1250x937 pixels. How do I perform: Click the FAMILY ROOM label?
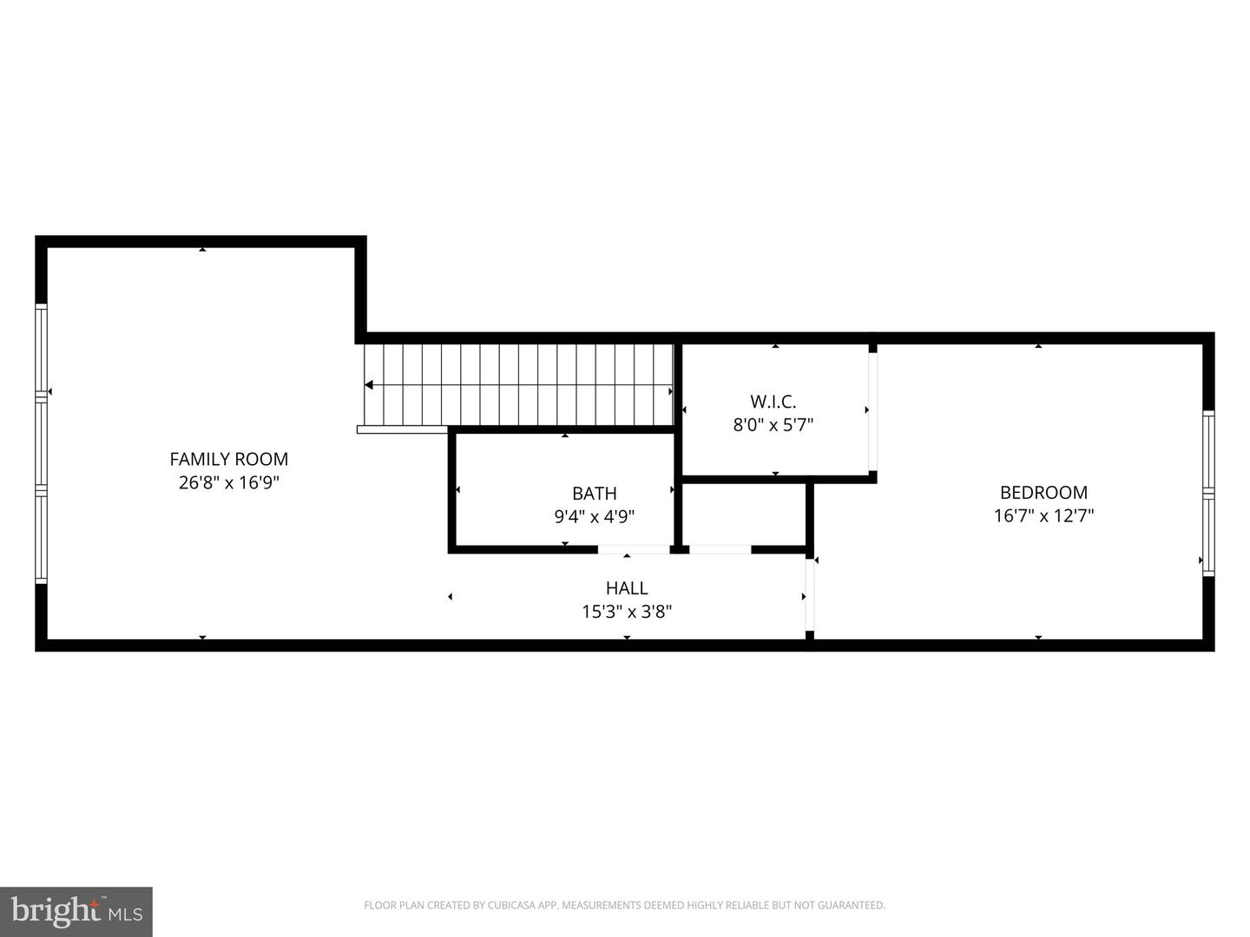click(229, 459)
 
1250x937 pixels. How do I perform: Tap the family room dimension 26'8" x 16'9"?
click(229, 482)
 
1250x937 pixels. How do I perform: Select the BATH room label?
click(595, 493)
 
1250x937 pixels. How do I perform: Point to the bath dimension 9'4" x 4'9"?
click(595, 516)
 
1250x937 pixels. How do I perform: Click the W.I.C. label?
click(773, 402)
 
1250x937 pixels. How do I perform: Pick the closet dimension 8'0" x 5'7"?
click(773, 425)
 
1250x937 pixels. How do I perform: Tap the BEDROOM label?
click(1044, 492)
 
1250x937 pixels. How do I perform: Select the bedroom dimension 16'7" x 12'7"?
click(1044, 515)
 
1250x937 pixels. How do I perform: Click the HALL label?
click(627, 587)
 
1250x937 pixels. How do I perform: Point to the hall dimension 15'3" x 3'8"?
click(627, 612)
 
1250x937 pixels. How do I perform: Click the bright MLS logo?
click(76, 911)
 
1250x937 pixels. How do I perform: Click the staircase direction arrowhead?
click(369, 385)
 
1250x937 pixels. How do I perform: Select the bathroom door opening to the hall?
click(634, 549)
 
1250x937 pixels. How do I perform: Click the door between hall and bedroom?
click(810, 594)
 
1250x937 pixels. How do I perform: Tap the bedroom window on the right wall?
click(1208, 494)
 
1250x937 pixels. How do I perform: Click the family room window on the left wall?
click(41, 443)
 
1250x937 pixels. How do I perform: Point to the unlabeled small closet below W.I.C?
click(744, 514)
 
